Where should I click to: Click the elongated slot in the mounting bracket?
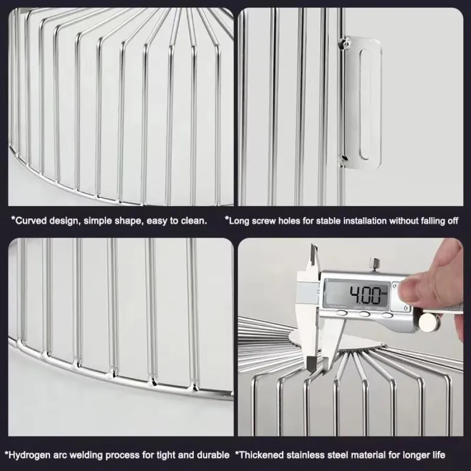point(365,104)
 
